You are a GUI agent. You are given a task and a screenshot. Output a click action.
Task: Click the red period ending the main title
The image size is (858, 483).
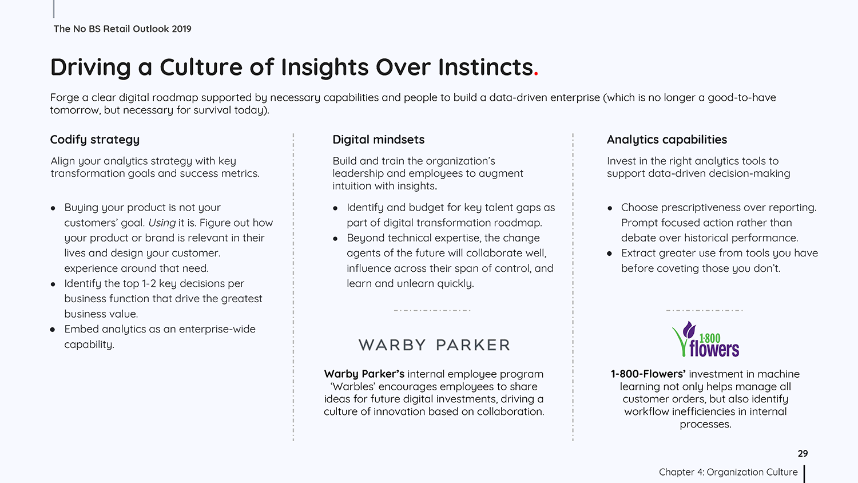tap(536, 74)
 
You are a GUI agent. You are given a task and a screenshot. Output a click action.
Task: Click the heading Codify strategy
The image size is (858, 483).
tap(94, 140)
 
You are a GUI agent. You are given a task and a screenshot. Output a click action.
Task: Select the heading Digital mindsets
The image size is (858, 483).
tap(379, 140)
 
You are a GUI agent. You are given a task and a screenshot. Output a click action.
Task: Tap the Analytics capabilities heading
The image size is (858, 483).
tap(666, 140)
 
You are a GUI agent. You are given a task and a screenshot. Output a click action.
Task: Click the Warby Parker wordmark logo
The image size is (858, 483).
tap(434, 345)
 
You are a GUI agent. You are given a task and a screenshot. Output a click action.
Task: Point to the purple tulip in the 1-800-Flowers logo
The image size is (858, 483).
tap(689, 330)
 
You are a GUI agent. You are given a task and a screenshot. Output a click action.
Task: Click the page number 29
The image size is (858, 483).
tap(803, 453)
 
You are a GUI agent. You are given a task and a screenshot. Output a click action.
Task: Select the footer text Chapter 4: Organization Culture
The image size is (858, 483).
tap(728, 472)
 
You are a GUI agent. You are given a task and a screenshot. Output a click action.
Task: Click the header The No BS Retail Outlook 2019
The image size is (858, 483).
tap(122, 29)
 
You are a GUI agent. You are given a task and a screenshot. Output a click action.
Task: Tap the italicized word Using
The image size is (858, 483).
tap(162, 223)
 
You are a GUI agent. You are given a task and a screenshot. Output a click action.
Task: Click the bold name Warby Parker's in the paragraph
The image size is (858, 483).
tap(364, 374)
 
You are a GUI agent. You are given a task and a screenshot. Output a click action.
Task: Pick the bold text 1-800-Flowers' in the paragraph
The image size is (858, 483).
tap(648, 374)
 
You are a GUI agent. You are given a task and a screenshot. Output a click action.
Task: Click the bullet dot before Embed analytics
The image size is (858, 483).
tap(53, 330)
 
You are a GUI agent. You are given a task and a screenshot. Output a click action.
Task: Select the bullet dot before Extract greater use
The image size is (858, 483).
tap(609, 254)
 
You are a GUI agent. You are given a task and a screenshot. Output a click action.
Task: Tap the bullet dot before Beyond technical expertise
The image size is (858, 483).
tap(335, 239)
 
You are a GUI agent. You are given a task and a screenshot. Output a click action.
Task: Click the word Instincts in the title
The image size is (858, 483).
tap(485, 67)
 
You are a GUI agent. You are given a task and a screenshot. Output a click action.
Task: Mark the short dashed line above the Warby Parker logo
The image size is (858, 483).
tap(432, 310)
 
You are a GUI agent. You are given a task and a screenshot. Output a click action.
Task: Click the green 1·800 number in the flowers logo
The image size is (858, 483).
tap(710, 338)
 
